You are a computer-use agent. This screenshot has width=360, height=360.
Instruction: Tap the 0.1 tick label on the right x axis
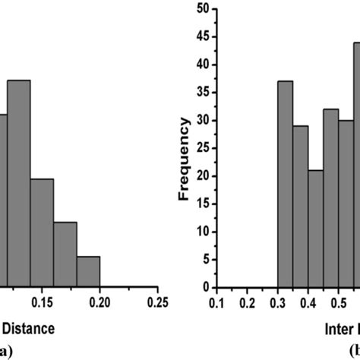(217, 303)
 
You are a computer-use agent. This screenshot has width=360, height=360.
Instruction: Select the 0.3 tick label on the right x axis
(277, 303)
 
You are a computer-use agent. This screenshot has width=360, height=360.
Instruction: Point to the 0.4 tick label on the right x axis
(308, 303)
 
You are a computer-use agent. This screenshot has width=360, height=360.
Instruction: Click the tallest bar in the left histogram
(19, 182)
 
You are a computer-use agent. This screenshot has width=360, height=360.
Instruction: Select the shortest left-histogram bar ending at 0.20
(88, 272)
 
